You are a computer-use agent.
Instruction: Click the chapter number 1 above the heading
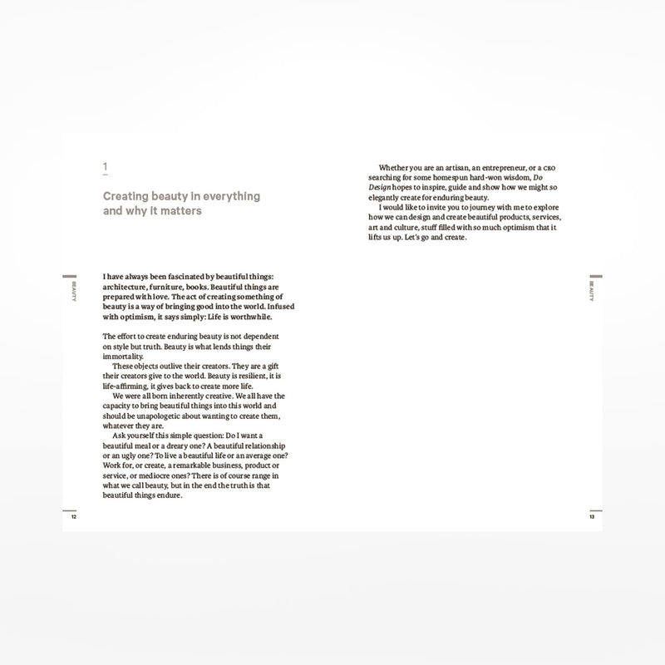(105, 168)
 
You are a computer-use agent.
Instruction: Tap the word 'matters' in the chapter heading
(184, 211)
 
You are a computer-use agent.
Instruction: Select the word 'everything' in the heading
(228, 197)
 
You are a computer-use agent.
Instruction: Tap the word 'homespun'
(461, 179)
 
